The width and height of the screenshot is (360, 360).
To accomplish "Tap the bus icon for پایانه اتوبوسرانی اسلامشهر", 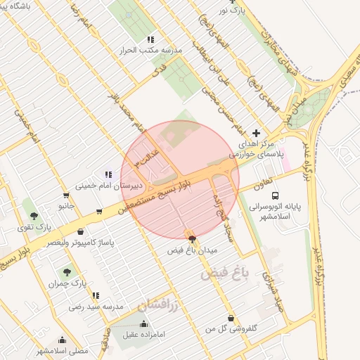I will click(276, 195).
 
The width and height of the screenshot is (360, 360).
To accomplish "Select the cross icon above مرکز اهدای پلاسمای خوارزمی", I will click(256, 132).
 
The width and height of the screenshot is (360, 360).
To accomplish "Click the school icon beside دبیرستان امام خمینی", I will click(108, 174).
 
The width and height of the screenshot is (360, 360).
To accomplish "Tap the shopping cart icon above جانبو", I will click(66, 195).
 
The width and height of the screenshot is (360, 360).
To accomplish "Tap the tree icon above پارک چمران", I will click(67, 271).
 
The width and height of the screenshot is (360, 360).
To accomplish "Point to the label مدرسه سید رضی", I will click(96, 307).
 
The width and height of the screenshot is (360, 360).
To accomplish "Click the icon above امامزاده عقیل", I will click(145, 323).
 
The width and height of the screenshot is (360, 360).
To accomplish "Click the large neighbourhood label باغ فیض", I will click(226, 272).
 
